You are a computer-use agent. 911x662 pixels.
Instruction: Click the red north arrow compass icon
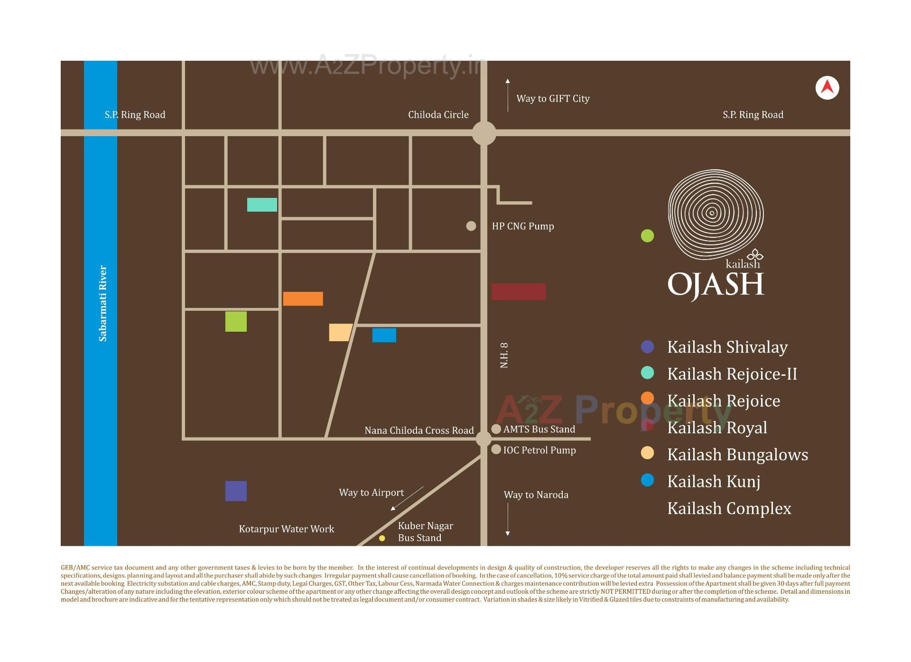click(827, 88)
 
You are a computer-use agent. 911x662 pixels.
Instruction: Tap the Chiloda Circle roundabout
click(483, 133)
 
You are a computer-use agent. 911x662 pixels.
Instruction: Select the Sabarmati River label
click(103, 303)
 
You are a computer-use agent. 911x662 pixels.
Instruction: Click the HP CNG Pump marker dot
click(471, 226)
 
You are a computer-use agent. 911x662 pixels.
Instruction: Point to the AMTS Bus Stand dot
click(496, 429)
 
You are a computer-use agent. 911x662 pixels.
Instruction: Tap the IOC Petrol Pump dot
click(496, 449)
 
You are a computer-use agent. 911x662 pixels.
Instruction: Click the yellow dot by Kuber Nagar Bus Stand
click(382, 538)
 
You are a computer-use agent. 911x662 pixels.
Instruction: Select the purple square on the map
click(236, 491)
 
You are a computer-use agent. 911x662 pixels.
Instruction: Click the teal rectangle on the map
click(262, 205)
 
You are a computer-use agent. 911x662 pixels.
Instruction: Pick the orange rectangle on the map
click(303, 298)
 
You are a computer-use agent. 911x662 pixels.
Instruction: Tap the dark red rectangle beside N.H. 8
click(518, 291)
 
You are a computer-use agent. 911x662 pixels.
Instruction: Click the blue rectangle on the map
click(384, 335)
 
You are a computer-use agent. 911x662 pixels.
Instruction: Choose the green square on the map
click(236, 321)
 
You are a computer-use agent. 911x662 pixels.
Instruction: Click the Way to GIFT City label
click(553, 99)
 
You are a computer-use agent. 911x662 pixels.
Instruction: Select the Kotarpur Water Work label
click(286, 529)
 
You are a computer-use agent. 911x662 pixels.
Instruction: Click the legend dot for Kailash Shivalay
click(647, 347)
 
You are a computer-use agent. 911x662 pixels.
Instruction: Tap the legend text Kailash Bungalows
click(737, 455)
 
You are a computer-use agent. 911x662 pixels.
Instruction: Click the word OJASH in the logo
click(716, 285)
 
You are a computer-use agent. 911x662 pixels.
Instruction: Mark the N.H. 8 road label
click(504, 355)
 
